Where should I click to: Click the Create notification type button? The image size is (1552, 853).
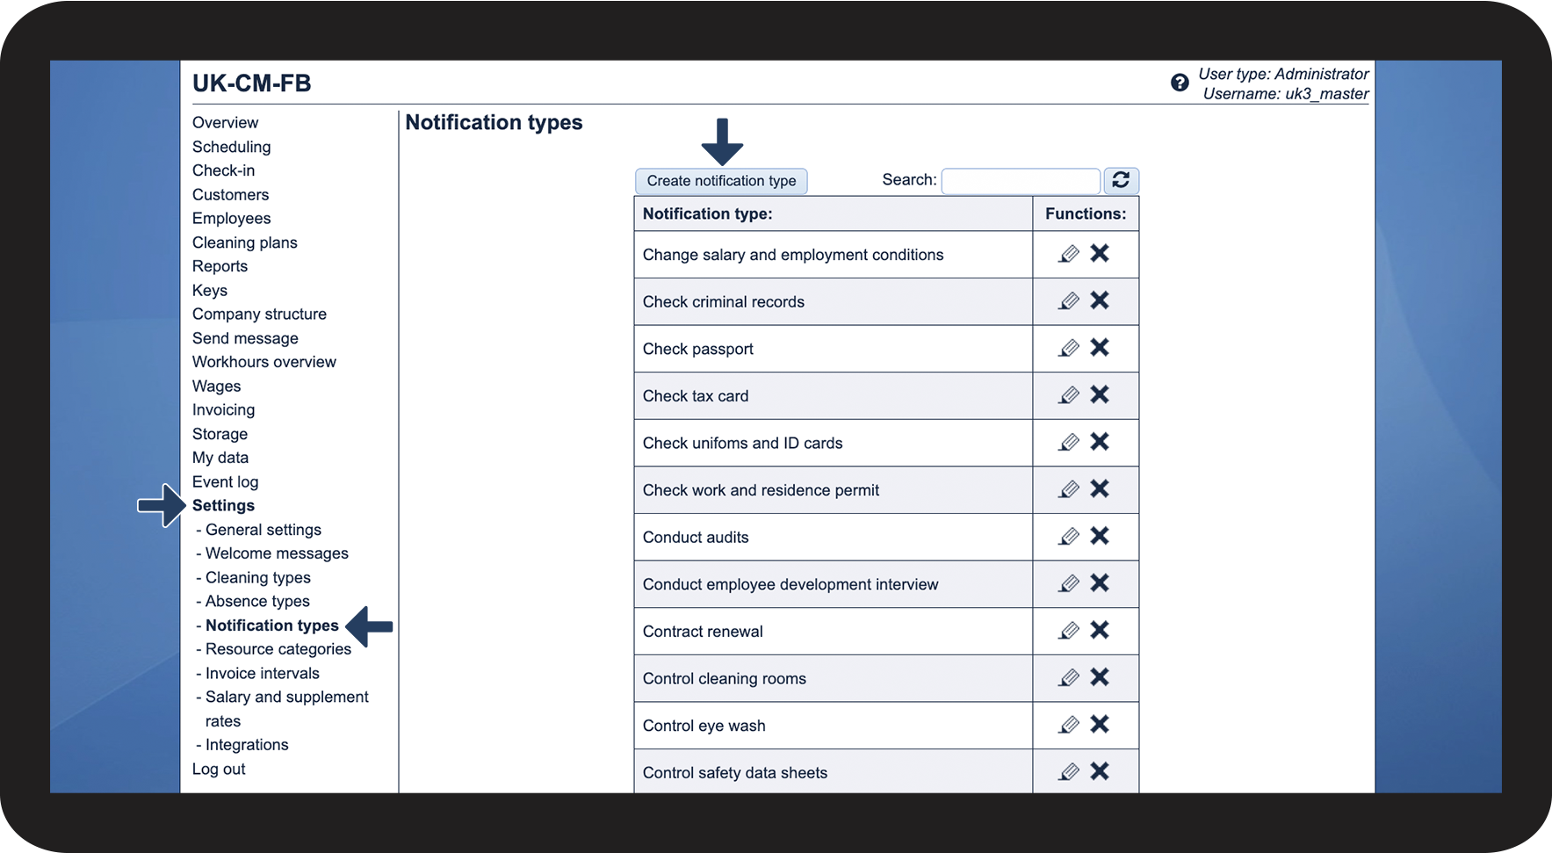pos(721,181)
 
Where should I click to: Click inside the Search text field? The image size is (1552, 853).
pos(1020,181)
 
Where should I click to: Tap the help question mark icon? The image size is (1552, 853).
pos(1180,83)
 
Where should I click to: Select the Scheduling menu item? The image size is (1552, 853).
pos(231,147)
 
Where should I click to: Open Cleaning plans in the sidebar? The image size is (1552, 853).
pos(244,242)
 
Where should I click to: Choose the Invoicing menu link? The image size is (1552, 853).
pos(223,409)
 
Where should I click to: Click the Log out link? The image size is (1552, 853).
pos(219,769)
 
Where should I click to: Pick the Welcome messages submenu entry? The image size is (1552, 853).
pos(277,553)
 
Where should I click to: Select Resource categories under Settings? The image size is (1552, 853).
pos(278,649)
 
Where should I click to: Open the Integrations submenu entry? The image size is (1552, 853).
pos(247,745)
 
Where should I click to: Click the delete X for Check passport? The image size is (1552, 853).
pos(1100,348)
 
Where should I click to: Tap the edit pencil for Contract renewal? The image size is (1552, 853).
pos(1069,631)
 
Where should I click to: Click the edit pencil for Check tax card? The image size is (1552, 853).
pos(1069,395)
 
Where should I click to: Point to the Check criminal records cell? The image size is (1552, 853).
pos(723,302)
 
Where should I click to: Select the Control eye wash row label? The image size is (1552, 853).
pos(704,726)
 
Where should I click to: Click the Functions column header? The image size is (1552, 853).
pos(1085,213)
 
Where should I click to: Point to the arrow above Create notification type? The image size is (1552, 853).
pos(722,141)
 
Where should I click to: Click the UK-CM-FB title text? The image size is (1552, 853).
pos(252,83)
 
